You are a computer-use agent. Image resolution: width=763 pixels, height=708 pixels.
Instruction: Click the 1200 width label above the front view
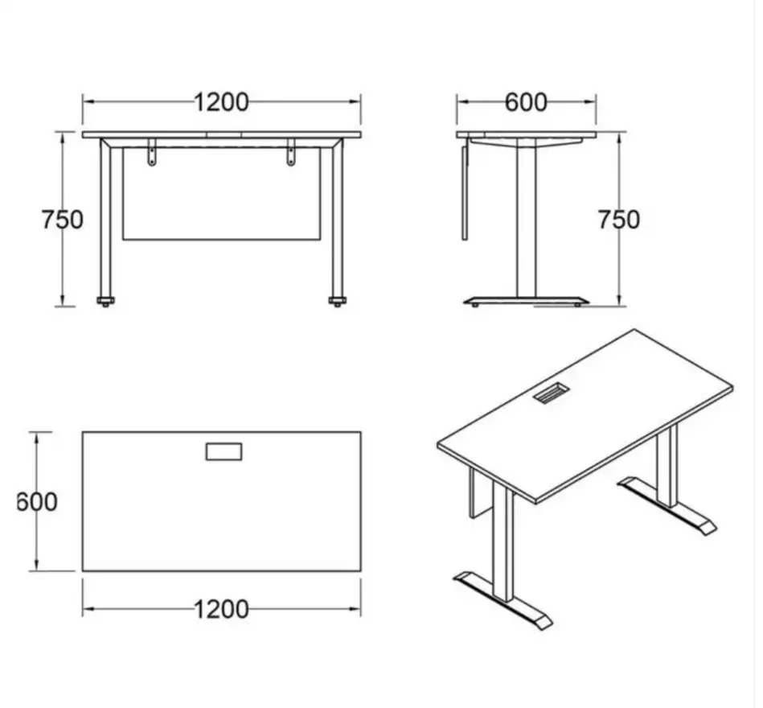[x=221, y=102]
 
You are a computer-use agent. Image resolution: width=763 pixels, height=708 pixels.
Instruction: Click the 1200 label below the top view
[x=221, y=609]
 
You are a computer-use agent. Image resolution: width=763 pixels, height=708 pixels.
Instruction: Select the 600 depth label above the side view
[x=526, y=102]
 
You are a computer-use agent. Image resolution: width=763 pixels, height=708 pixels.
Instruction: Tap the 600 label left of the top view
[x=37, y=501]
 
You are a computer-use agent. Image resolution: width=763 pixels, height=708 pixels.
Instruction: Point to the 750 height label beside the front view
[x=62, y=220]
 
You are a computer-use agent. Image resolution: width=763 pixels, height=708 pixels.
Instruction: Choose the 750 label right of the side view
[x=618, y=220]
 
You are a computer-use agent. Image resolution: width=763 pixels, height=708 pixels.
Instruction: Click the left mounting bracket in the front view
[x=152, y=152]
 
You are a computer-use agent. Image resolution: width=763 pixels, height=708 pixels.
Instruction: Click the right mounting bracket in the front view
[x=291, y=152]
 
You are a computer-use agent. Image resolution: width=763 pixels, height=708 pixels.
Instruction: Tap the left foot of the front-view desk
[x=105, y=302]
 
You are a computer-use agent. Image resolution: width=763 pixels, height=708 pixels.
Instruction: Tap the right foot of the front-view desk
[x=337, y=302]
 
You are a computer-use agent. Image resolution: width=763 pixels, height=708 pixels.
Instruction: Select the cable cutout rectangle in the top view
[x=224, y=451]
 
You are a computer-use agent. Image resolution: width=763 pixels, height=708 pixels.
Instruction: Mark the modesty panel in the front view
[x=221, y=193]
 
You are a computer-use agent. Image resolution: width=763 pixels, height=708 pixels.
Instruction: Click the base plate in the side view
[x=526, y=300]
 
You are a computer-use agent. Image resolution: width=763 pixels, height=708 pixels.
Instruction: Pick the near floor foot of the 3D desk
[x=503, y=600]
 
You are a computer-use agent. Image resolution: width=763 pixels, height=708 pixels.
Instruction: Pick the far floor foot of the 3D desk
[x=667, y=506]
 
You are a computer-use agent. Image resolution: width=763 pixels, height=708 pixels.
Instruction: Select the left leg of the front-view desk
[x=105, y=218]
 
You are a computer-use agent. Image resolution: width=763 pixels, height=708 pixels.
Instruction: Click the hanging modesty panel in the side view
[x=464, y=189]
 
